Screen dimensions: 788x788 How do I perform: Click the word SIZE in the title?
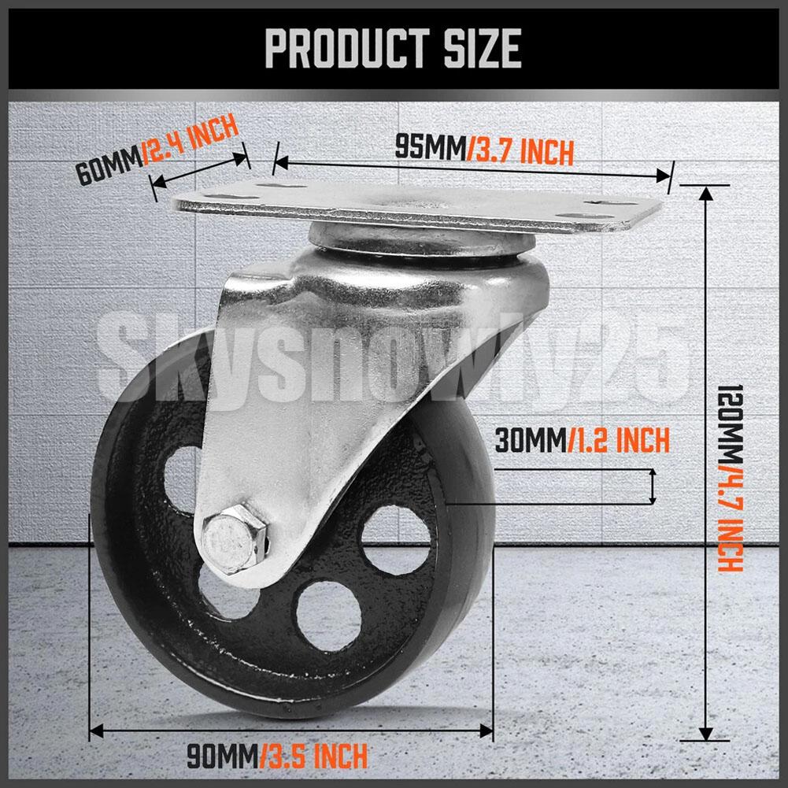pyautogui.click(x=483, y=48)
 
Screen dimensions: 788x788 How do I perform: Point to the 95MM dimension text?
pyautogui.click(x=431, y=148)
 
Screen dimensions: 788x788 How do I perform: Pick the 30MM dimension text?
pyautogui.click(x=531, y=440)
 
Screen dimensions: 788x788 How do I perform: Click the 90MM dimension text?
pyautogui.click(x=223, y=756)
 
